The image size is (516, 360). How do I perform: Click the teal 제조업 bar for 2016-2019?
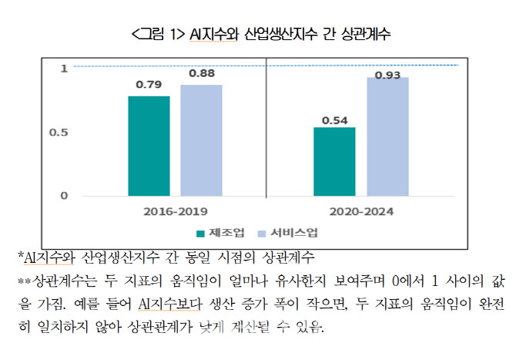pyautogui.click(x=149, y=146)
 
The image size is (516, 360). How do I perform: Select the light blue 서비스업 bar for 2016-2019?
pyautogui.click(x=201, y=140)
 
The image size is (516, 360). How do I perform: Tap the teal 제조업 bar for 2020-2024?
pyautogui.click(x=334, y=161)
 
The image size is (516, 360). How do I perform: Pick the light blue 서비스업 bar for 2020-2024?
pyautogui.click(x=387, y=136)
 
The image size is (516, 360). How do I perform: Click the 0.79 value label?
pyautogui.click(x=148, y=85)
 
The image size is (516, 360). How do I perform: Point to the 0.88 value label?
pyautogui.click(x=201, y=73)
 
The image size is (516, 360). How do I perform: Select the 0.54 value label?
pyautogui.click(x=334, y=120)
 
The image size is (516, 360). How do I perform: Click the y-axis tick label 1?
pyautogui.click(x=64, y=69)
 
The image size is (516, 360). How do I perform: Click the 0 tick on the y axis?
pyautogui.click(x=64, y=195)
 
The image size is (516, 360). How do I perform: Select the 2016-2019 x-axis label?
pyautogui.click(x=175, y=210)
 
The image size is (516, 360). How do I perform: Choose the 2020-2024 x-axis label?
pyautogui.click(x=361, y=210)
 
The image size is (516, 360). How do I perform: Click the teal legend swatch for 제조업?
pyautogui.click(x=201, y=232)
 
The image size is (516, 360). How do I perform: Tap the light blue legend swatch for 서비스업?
pyautogui.click(x=260, y=232)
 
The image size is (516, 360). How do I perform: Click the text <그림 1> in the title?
pyautogui.click(x=159, y=34)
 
